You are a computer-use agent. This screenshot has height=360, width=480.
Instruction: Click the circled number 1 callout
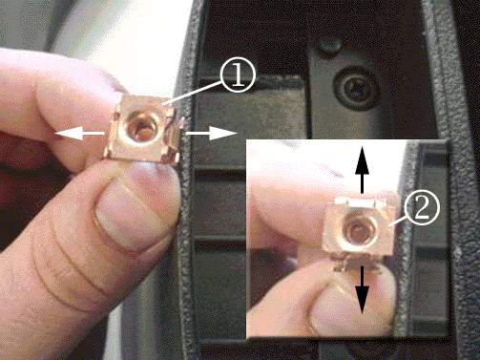point(238,76)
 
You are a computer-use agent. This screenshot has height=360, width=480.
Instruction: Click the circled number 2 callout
point(422,207)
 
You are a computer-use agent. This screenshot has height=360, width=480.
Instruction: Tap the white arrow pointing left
point(79,133)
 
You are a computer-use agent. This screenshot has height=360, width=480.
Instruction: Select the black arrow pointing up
point(362,170)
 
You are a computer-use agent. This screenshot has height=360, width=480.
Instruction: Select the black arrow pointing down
point(362,290)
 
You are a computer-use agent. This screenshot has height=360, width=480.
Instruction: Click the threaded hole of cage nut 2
point(359,227)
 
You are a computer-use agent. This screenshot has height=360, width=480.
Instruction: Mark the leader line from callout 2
point(399,220)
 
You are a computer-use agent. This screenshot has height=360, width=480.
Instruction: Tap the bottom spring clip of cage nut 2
point(357,263)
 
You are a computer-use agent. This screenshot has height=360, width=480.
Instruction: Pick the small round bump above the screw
point(330,44)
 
